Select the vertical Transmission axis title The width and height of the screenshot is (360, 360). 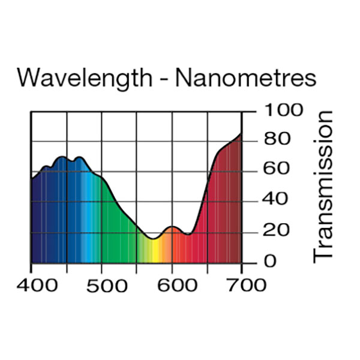323,185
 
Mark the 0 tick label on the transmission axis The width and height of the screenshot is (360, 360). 270,261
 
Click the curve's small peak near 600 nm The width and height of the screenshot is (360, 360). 173,227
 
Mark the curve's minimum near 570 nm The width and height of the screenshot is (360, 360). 154,239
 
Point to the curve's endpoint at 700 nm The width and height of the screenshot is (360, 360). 241,133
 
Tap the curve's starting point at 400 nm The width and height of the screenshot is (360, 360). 32,178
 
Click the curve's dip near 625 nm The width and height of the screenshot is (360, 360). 188,235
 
